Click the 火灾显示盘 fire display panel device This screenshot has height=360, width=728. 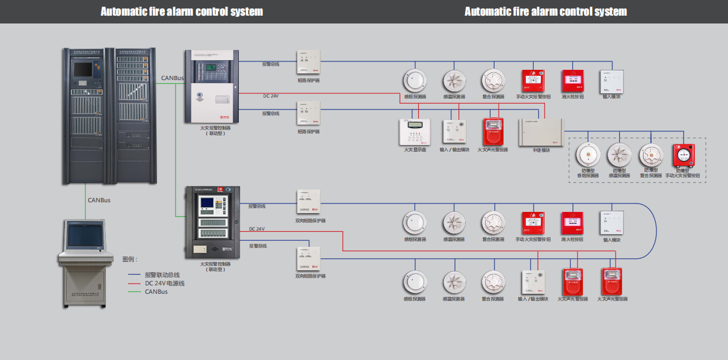[x=412, y=132]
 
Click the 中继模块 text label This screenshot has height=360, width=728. [x=541, y=150]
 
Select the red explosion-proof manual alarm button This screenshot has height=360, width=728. [x=683, y=155]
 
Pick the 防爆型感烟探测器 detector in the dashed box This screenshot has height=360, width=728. [x=587, y=155]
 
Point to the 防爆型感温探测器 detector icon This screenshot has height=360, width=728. [x=619, y=155]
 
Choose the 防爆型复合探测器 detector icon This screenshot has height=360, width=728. [x=650, y=155]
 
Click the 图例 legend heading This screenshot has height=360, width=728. [x=130, y=260]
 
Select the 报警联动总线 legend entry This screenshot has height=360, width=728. [x=162, y=275]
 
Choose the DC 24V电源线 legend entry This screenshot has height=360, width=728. [x=164, y=283]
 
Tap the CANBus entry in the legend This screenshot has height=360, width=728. [x=156, y=291]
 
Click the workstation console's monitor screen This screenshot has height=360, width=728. [x=85, y=235]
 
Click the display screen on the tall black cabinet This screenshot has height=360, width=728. [x=82, y=69]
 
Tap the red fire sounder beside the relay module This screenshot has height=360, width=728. [x=493, y=132]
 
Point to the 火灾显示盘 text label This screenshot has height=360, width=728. [x=412, y=150]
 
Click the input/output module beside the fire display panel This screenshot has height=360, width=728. [x=454, y=132]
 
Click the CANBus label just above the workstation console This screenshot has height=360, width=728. [x=99, y=200]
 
